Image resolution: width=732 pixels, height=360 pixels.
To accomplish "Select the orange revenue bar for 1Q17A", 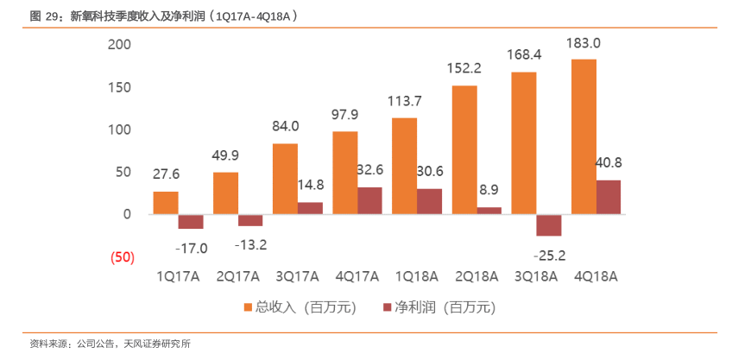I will tap(166, 203).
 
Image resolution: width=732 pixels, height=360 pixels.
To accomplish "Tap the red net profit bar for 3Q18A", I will tap(548, 224).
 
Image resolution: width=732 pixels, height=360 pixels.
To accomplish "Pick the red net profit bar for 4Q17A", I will tap(369, 200).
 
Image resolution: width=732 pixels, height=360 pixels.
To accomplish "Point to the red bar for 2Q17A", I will tap(250, 220).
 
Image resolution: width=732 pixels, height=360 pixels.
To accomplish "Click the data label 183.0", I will tap(583, 43).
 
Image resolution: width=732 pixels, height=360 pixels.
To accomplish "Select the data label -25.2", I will tap(548, 255).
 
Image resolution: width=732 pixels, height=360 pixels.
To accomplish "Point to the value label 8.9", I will tap(489, 190).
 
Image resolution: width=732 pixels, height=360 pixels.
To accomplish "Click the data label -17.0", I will tap(191, 249).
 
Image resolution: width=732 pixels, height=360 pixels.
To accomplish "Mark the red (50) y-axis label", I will tap(121, 257).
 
